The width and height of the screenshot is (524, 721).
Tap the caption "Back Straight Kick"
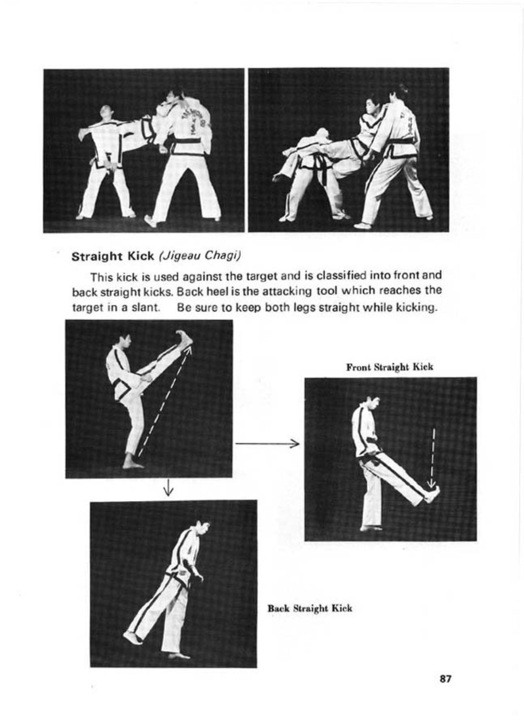[x=310, y=608]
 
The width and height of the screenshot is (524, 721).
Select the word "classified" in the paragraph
[x=342, y=276]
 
